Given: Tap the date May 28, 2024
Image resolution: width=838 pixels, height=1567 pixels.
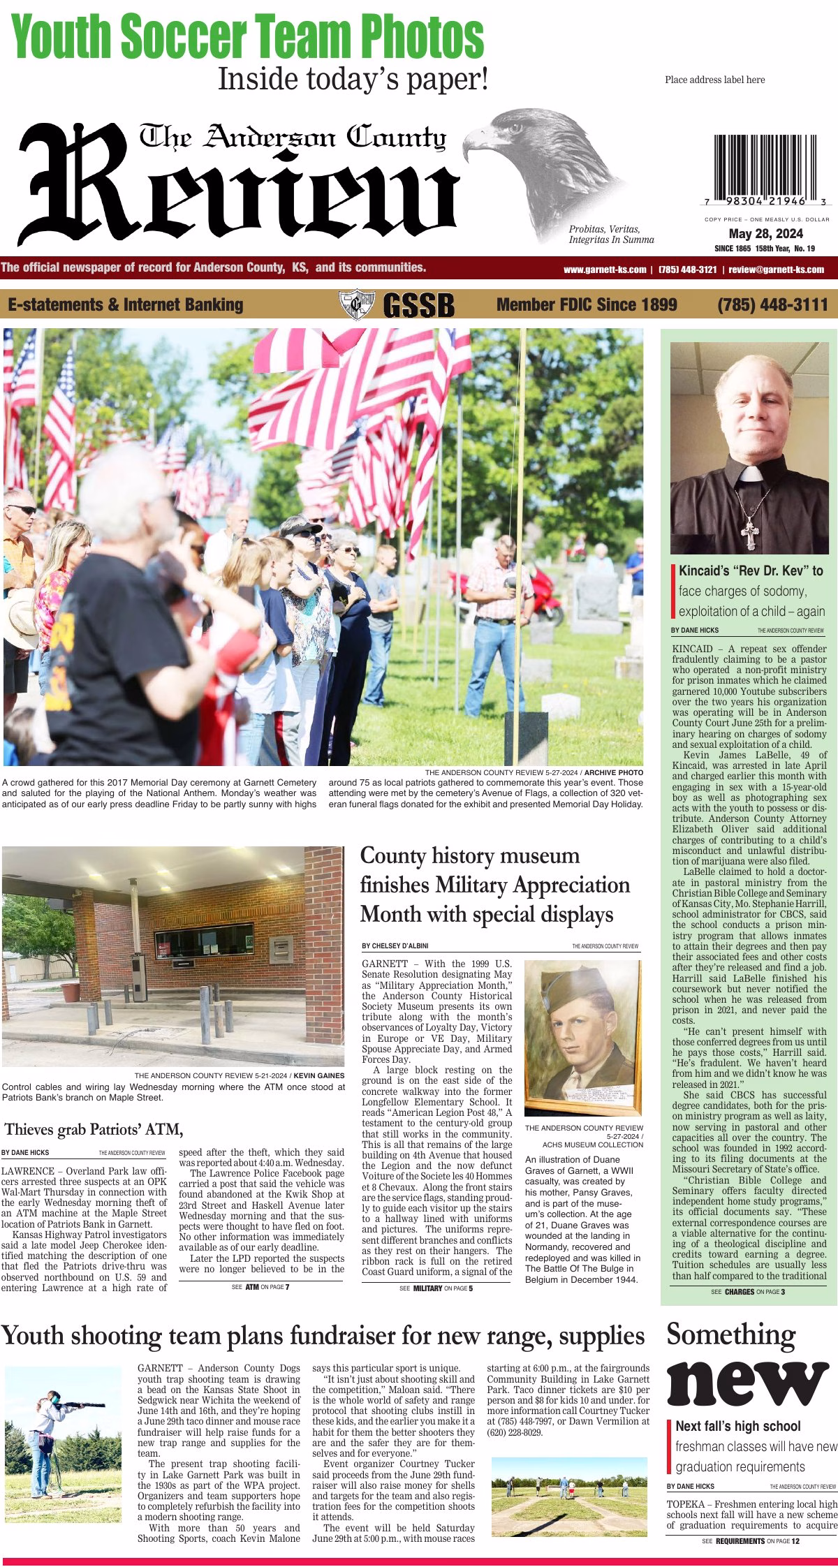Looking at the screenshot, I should (765, 234).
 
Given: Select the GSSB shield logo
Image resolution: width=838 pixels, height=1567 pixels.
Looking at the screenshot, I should (356, 305).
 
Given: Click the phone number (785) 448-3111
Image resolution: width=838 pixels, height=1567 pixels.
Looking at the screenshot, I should (772, 304).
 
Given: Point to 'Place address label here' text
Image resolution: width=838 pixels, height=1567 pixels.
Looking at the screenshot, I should (714, 80).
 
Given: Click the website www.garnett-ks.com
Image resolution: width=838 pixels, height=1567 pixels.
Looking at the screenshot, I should (604, 270).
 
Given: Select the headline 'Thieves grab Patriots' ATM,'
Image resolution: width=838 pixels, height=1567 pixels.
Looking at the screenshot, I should (94, 1128).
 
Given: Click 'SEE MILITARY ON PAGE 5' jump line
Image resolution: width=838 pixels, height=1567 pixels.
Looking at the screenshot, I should (436, 1288).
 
